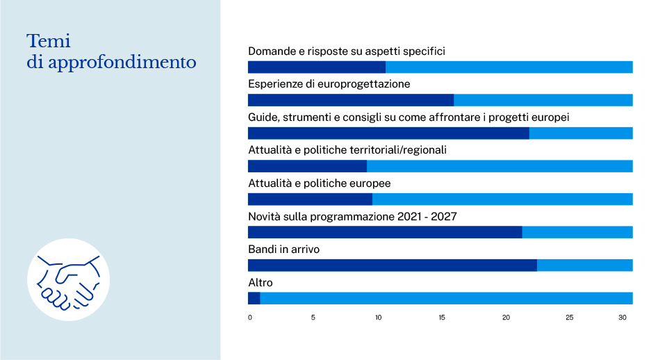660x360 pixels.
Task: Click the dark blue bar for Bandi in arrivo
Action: (x=392, y=265)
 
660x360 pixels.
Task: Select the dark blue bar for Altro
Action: (x=254, y=298)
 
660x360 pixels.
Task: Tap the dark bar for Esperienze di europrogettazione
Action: (x=350, y=100)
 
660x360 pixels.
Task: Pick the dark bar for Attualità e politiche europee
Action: (x=310, y=199)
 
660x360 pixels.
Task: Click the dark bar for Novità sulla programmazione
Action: (x=384, y=232)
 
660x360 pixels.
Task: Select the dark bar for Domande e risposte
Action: (x=316, y=67)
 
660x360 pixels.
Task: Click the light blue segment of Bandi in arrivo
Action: (x=584, y=265)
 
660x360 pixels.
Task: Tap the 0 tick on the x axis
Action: (x=250, y=318)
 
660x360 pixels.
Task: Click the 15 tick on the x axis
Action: (x=442, y=318)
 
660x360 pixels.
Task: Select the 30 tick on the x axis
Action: (x=623, y=318)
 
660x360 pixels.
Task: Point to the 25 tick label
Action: (x=570, y=318)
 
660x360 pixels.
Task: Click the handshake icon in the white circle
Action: (x=69, y=279)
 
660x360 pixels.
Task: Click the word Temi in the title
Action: (x=49, y=41)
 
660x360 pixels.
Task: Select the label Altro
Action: (x=261, y=283)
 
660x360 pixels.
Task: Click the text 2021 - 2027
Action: (x=427, y=217)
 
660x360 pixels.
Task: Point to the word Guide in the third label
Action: (x=263, y=117)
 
